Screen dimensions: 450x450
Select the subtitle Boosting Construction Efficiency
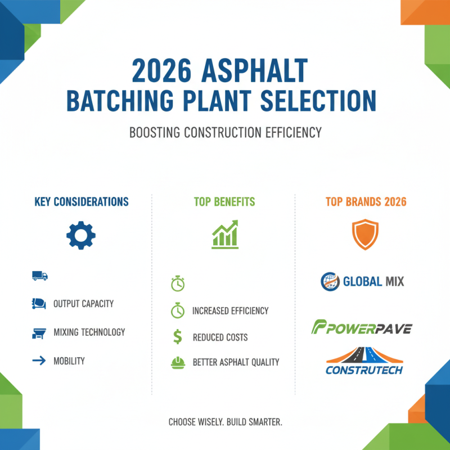(225, 133)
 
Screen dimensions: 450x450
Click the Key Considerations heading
(81, 201)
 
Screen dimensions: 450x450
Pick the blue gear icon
(81, 236)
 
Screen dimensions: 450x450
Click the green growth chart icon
(225, 234)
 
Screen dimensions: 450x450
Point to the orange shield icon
(366, 235)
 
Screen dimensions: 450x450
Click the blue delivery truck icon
(40, 276)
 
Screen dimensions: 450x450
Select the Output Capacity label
(83, 304)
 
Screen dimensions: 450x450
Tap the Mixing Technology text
(89, 332)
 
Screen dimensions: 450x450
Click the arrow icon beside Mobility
(39, 361)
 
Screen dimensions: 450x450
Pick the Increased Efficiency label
(230, 310)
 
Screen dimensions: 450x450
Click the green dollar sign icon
(177, 337)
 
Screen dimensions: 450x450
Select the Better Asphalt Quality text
(235, 362)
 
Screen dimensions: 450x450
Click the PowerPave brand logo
(361, 327)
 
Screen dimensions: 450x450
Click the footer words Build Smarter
(258, 421)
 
